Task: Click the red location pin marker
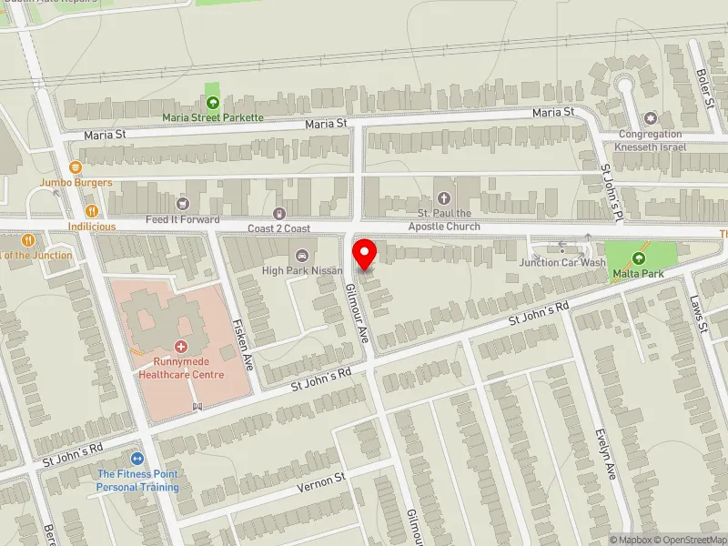tap(365, 253)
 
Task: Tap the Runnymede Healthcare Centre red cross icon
tap(180, 347)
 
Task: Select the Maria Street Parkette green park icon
tap(213, 103)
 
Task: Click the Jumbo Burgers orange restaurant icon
tap(76, 167)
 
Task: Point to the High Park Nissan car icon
tap(302, 255)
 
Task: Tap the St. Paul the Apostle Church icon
tap(444, 198)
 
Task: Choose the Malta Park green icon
tap(637, 258)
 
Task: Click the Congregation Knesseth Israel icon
tap(650, 119)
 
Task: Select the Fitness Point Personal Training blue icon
tap(137, 459)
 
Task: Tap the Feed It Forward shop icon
tap(183, 204)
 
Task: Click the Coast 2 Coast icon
tap(278, 213)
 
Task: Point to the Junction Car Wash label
tap(562, 263)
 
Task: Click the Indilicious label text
tap(91, 226)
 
